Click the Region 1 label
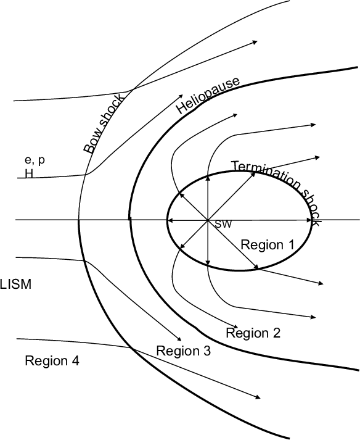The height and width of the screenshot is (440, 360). point(268,245)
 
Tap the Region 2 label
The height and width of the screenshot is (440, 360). point(253,333)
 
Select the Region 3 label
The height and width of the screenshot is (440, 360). point(183,351)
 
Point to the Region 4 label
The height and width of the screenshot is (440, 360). point(52,360)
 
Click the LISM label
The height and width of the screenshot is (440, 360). point(15,284)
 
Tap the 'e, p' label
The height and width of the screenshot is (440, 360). point(35,160)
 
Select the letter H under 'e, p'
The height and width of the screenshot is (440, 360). point(29,174)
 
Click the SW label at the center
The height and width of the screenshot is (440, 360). point(223,224)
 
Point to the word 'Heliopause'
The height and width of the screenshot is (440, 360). point(208,95)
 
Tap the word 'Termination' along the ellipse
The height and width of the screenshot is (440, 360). point(265,174)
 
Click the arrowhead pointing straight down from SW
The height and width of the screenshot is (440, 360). point(208,262)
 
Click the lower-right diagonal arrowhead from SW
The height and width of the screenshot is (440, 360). point(256,267)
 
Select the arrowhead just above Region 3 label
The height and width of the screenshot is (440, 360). point(179,339)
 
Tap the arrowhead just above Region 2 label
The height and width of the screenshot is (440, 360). point(235,326)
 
